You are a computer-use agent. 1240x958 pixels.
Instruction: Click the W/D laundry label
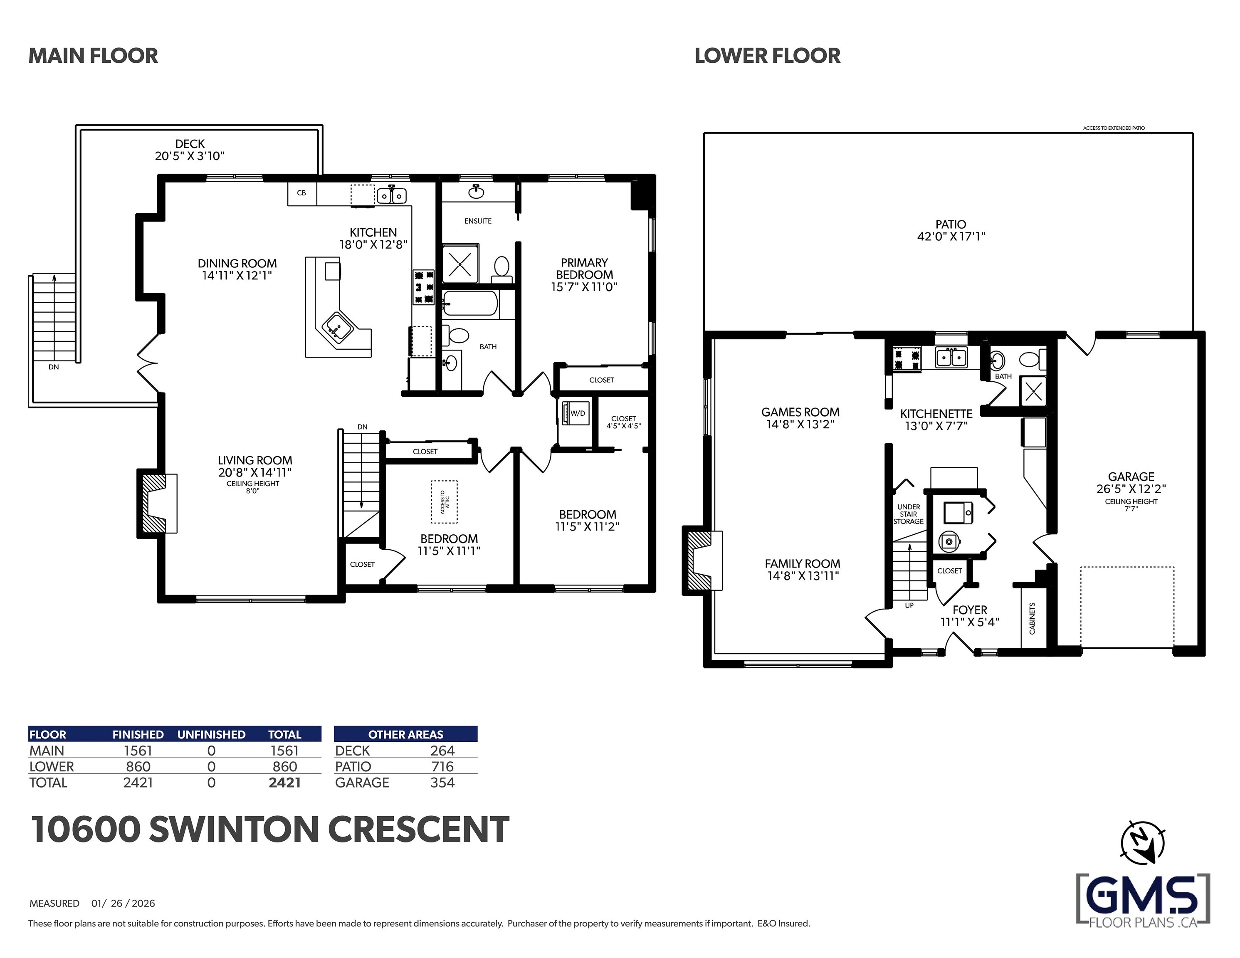(578, 413)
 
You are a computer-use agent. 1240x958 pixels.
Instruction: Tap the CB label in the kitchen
(301, 193)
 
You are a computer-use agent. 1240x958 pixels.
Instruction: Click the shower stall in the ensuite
(460, 264)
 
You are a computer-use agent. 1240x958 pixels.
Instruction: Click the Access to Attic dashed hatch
(444, 502)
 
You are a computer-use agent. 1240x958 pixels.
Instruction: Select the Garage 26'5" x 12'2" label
(1131, 483)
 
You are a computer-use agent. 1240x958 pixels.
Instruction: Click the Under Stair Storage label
(909, 514)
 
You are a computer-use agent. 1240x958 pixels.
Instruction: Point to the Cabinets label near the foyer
(1032, 618)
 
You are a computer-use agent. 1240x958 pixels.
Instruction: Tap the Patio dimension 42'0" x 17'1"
(951, 236)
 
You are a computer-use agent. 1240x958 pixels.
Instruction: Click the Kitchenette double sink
(951, 358)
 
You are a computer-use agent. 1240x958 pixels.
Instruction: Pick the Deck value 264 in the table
(442, 751)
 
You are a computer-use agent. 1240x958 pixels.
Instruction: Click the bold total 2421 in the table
(284, 783)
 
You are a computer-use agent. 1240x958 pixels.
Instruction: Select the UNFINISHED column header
(211, 734)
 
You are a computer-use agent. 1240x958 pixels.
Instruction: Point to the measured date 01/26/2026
(123, 904)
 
